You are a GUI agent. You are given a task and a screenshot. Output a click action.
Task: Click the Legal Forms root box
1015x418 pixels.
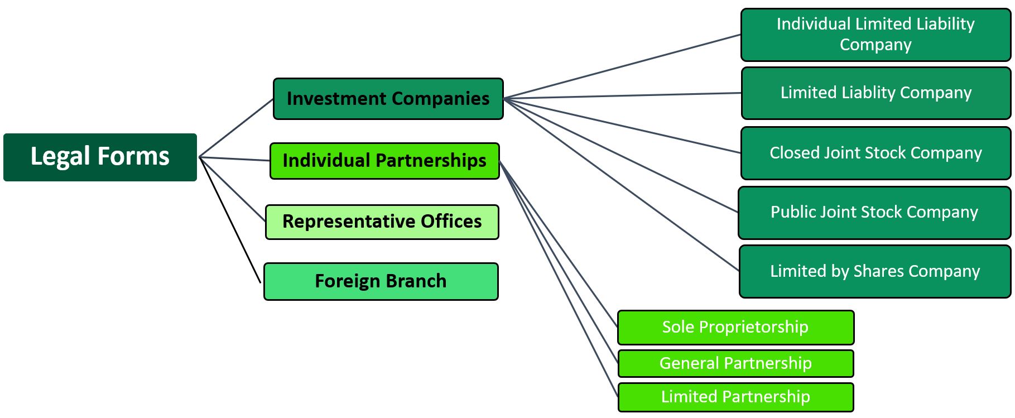click(x=100, y=157)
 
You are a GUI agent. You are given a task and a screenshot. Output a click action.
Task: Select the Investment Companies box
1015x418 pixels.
click(x=388, y=99)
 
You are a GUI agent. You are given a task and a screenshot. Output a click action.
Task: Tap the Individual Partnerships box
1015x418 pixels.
click(x=384, y=161)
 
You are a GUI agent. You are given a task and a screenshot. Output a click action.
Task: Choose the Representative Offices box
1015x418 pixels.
click(x=382, y=222)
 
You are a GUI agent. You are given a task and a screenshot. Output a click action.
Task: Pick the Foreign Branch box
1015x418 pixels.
click(x=381, y=281)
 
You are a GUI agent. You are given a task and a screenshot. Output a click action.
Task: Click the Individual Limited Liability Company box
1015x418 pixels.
click(x=875, y=35)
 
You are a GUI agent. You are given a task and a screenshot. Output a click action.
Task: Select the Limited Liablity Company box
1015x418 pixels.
click(x=876, y=93)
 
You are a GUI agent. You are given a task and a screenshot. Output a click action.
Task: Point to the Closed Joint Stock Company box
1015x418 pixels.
click(x=875, y=153)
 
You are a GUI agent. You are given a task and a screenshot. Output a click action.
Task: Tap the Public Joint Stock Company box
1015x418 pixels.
click(x=874, y=213)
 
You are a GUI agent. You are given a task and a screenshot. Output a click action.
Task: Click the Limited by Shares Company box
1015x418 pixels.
click(x=874, y=271)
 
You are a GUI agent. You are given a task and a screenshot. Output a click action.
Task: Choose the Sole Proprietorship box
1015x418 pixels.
click(x=735, y=327)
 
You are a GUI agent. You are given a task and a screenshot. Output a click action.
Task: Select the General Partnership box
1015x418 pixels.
click(x=735, y=363)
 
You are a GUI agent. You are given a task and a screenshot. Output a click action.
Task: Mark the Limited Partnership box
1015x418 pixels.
click(x=735, y=397)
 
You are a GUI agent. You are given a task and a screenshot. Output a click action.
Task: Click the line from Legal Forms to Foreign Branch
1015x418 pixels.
click(x=230, y=220)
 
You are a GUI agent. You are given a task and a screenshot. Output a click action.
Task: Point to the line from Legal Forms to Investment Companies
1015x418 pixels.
click(x=237, y=128)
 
